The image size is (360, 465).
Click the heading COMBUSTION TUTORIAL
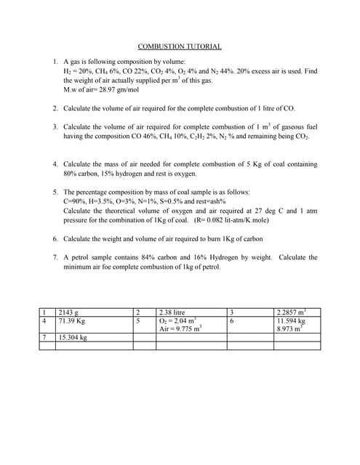tap(180, 46)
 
